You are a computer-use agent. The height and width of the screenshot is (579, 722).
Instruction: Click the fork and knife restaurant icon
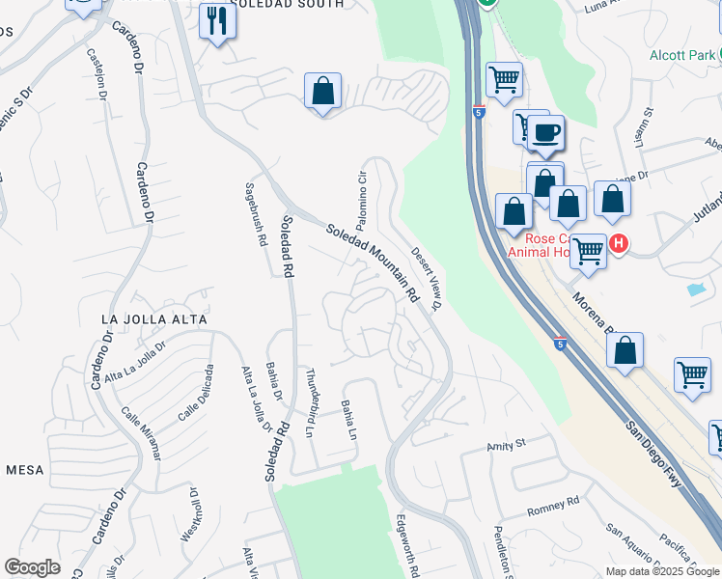click(x=217, y=21)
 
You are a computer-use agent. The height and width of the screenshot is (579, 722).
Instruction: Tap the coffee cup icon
click(x=545, y=134)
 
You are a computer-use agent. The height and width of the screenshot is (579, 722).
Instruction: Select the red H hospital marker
click(x=620, y=245)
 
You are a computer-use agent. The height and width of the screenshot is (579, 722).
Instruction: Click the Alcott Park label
click(x=682, y=55)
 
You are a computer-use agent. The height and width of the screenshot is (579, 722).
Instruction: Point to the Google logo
click(x=32, y=567)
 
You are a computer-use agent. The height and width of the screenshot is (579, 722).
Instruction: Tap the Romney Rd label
click(x=553, y=503)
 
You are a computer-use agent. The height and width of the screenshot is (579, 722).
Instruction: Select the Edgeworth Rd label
click(x=406, y=545)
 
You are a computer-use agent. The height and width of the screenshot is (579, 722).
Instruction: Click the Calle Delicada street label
click(x=194, y=393)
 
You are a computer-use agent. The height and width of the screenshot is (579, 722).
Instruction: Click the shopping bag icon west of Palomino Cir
click(x=323, y=93)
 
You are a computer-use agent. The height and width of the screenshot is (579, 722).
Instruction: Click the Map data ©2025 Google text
click(x=663, y=571)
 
